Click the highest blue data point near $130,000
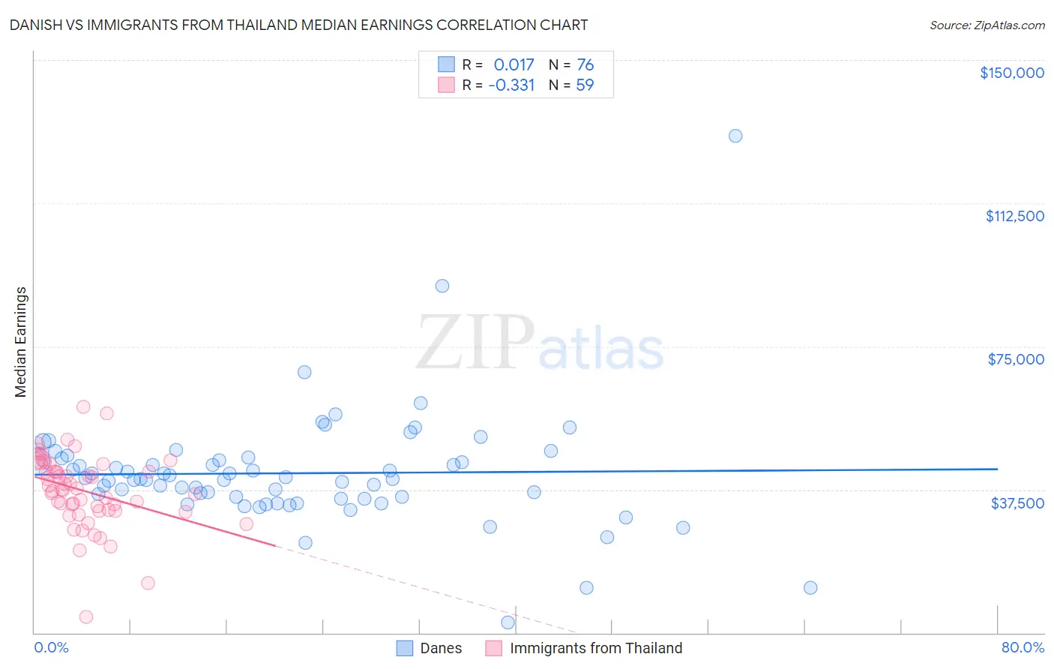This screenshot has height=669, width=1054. tap(735, 136)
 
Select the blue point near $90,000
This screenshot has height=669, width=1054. tap(442, 286)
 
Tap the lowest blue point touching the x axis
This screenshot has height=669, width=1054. tap(508, 622)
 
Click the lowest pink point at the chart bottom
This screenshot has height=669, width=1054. tap(86, 616)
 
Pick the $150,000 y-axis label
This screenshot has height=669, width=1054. tap(1011, 73)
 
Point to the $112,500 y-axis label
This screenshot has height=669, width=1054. tap(1014, 216)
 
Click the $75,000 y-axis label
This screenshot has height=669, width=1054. tap(1015, 359)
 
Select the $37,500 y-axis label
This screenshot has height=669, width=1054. tap(1017, 502)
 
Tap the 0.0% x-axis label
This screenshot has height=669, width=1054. tap(51, 648)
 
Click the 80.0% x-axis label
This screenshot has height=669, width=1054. tap(1023, 648)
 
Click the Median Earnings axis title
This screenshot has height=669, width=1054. tap(21, 341)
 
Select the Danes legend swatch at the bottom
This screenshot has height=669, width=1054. tap(405, 648)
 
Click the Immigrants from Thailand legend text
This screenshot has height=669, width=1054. tap(596, 648)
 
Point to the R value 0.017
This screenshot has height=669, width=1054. tap(514, 65)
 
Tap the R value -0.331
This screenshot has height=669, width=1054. tap(511, 85)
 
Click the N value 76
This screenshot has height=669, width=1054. tap(585, 65)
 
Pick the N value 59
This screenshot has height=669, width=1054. tap(585, 85)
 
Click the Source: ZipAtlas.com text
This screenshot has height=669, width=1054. tap(987, 25)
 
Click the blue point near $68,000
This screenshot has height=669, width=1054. tap(304, 372)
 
